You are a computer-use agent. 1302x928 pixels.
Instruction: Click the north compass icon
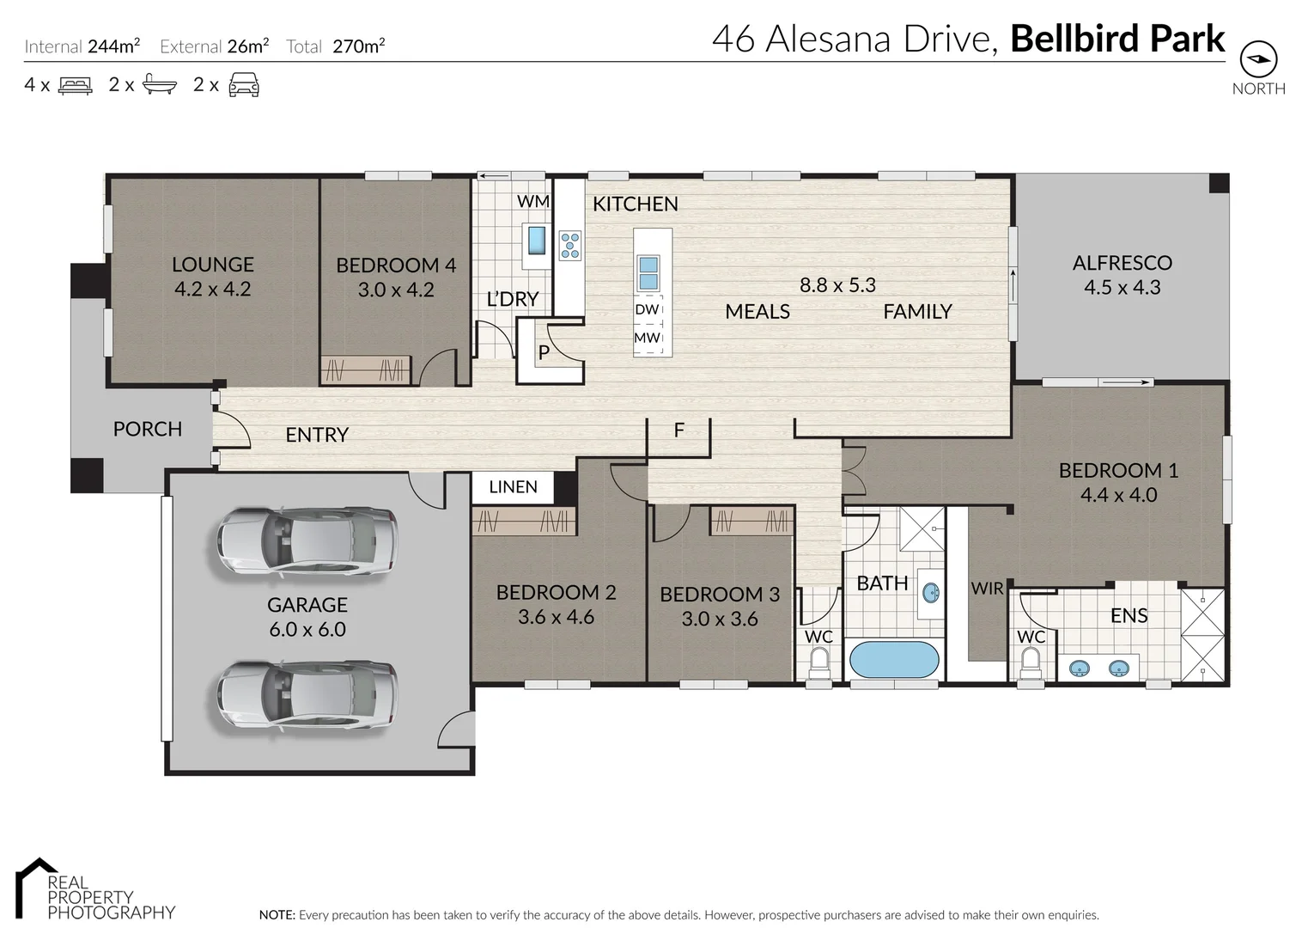1258,59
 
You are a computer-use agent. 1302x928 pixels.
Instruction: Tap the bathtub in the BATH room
893,660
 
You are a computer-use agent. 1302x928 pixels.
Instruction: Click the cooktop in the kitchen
569,245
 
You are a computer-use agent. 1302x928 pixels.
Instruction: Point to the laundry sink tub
537,241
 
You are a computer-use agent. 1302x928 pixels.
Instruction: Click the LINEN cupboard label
513,487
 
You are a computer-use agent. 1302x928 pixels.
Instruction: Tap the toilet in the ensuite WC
1030,664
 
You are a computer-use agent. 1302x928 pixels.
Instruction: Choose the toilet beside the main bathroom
818,663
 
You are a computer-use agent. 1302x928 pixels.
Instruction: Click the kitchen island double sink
648,273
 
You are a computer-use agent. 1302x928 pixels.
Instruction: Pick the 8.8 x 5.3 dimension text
837,285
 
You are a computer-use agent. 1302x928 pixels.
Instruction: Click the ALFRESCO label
1122,263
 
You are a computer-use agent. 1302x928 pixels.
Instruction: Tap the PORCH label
148,429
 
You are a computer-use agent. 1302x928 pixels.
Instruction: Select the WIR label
987,589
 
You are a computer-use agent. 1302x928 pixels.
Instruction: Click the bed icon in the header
76,85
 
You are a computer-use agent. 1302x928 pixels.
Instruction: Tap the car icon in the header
244,85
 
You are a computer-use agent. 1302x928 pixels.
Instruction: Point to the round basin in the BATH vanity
930,592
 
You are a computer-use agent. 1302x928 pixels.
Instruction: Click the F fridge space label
678,430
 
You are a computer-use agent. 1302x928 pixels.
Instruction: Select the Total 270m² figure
358,46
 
